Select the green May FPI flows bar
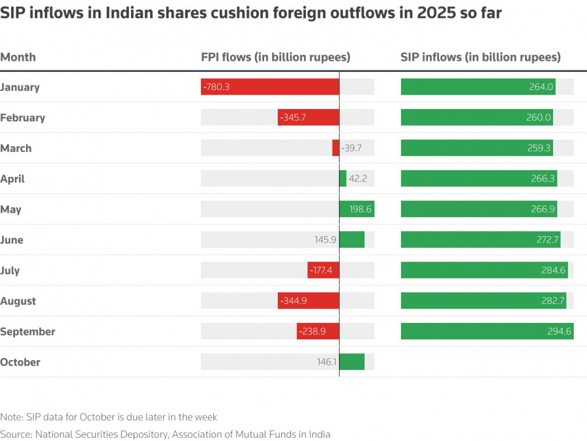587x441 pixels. pos(357,209)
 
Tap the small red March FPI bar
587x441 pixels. pos(335,148)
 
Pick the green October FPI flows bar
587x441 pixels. pos(352,362)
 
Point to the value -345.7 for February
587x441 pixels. pos(292,118)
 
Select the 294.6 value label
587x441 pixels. pos(560,331)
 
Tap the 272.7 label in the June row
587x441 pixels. pos(548,240)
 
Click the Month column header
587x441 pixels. pos(18,57)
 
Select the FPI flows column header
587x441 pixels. pos(275,57)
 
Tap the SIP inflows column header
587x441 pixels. pos(480,57)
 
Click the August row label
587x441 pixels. pos(18,301)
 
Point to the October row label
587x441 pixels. pos(20,362)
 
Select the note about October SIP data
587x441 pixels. pos(108,417)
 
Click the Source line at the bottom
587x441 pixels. pos(165,434)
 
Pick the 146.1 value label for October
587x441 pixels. pos(325,362)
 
